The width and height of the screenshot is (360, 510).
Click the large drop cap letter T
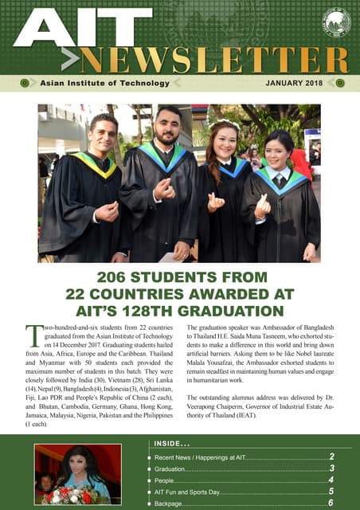(x=33, y=336)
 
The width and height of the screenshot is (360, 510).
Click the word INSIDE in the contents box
(x=166, y=443)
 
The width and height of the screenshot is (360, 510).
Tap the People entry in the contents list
(x=167, y=481)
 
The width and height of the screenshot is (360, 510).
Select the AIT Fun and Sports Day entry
(x=191, y=493)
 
